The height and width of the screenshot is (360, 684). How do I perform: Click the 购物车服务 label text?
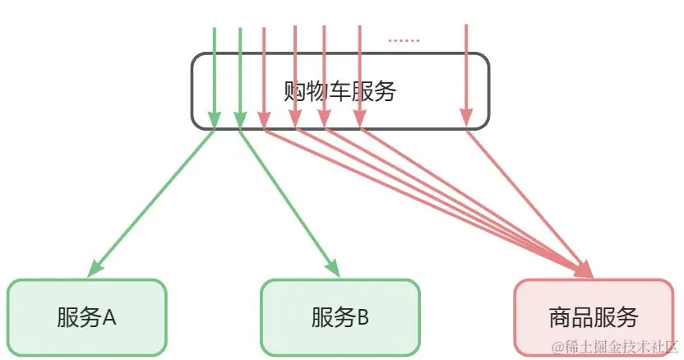pos(340,90)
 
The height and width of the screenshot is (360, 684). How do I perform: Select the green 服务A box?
pos(86,316)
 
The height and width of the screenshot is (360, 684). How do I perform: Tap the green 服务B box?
pos(340,316)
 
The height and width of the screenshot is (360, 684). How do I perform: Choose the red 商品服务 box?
pos(593,317)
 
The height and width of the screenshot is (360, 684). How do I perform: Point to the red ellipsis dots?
pos(403,39)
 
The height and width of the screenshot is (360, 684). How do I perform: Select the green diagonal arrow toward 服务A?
pos(152,201)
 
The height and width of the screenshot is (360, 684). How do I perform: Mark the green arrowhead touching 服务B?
pos(334,268)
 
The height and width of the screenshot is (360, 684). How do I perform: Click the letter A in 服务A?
pos(109,317)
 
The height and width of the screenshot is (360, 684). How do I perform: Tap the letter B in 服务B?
pos(363,317)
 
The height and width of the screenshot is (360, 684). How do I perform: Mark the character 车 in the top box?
pos(340,90)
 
